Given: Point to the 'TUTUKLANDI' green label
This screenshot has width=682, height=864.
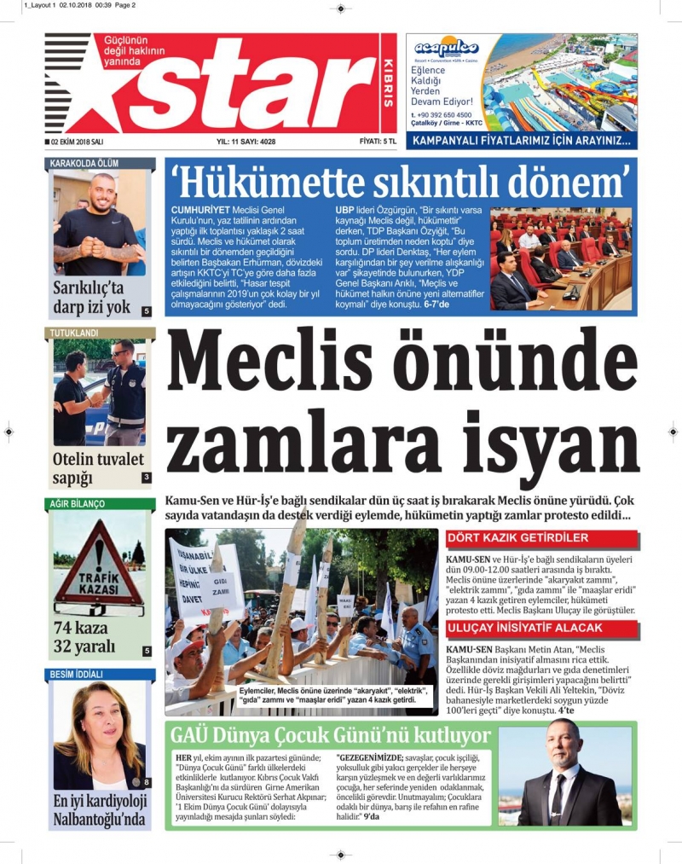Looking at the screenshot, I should click(74, 332).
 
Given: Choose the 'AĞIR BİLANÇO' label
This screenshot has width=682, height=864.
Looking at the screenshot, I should click(78, 504).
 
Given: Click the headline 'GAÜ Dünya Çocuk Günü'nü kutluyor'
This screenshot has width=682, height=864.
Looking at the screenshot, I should click(331, 736).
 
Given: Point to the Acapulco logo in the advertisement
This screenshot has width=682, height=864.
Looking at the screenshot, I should click(447, 49).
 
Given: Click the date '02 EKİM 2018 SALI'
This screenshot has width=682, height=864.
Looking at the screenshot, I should click(77, 142).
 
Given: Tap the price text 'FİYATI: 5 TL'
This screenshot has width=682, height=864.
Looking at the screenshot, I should click(378, 142).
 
